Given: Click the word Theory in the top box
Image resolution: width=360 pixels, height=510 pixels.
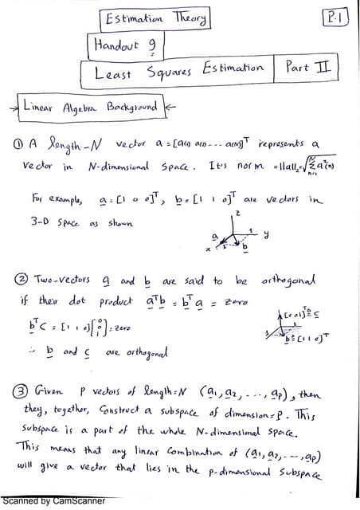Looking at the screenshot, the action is click(186, 18).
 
